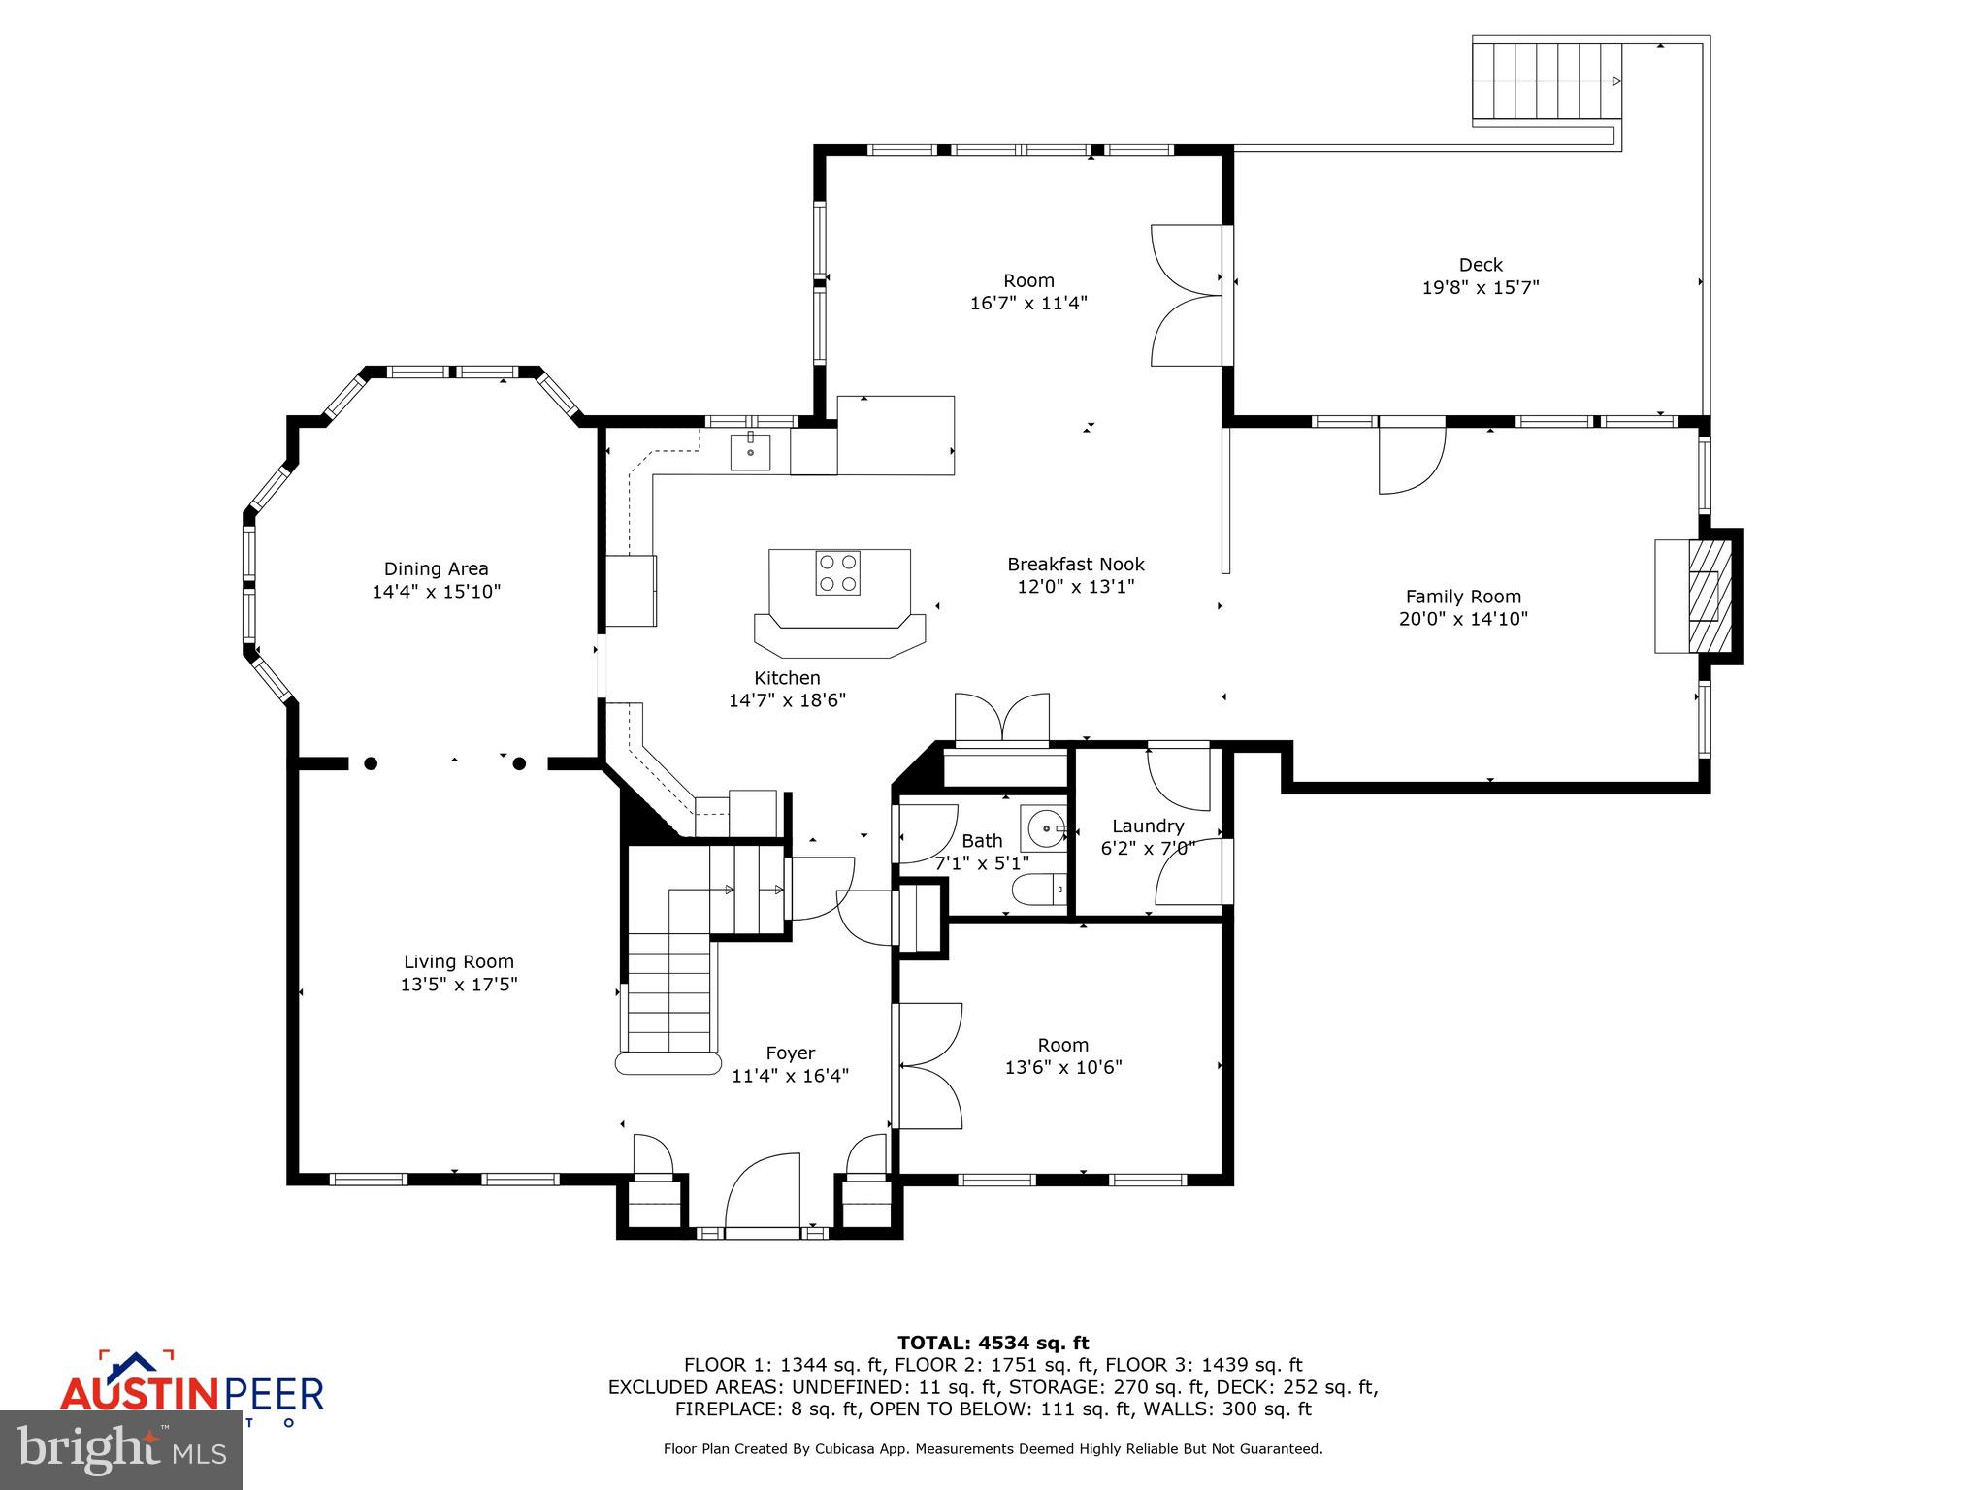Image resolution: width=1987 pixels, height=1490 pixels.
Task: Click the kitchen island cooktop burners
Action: (x=837, y=572)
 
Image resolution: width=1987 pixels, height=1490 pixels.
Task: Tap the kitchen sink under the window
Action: (x=750, y=452)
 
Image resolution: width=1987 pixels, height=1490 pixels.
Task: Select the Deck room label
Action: (x=1481, y=265)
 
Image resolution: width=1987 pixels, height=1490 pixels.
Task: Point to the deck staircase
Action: (x=1547, y=81)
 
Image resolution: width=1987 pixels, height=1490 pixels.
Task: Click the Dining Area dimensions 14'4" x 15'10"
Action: (x=436, y=592)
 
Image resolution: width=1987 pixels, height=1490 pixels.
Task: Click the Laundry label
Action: (x=1148, y=826)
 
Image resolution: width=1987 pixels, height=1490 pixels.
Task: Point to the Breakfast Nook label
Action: (x=1075, y=565)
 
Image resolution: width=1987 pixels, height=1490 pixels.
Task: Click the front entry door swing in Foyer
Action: (x=763, y=1192)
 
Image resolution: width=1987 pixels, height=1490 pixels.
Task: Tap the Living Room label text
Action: (x=458, y=961)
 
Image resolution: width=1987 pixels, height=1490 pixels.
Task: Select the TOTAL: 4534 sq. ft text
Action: (x=993, y=1343)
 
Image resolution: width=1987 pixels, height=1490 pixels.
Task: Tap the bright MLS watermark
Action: (x=121, y=1449)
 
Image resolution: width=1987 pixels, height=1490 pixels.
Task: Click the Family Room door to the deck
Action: (x=1412, y=460)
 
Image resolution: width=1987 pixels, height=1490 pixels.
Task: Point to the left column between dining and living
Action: (x=371, y=763)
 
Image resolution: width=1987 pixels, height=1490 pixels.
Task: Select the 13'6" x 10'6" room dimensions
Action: (x=1063, y=1067)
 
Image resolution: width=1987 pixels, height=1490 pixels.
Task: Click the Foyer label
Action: (x=790, y=1053)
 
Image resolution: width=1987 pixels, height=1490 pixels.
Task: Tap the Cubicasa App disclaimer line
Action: (x=993, y=1448)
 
